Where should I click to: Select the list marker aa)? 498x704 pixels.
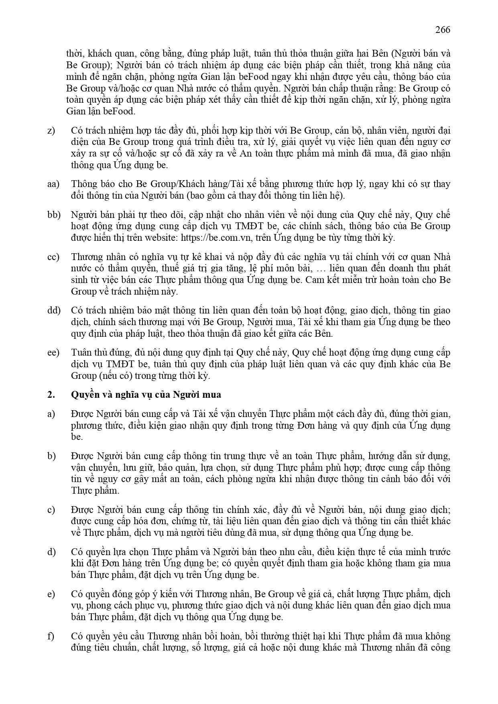tap(53, 184)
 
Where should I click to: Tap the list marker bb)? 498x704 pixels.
tap(53, 215)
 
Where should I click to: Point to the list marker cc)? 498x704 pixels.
tap(53, 257)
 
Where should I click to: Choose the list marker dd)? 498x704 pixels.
tap(53, 310)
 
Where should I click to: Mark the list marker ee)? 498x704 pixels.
tap(53, 352)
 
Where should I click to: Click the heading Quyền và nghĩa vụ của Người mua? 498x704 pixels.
tap(146, 395)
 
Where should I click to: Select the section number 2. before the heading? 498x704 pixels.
tap(51, 395)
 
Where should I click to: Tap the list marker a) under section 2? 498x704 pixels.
tap(51, 414)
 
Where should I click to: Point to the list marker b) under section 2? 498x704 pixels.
tap(51, 456)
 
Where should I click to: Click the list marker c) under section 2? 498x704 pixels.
tap(51, 510)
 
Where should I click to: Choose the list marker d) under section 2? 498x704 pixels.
tap(51, 552)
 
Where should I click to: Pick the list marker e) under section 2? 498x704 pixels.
tap(51, 594)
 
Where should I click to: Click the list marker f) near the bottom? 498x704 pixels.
tap(50, 636)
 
